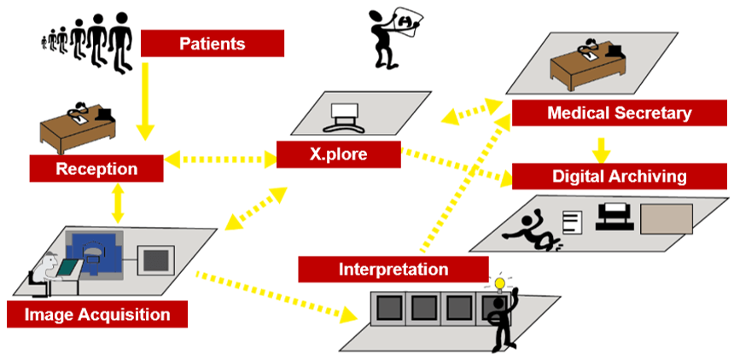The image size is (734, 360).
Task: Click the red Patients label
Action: pos(212,44)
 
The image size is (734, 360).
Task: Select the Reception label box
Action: pos(96,168)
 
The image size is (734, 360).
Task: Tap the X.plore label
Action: pos(338,154)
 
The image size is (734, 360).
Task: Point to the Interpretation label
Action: pos(393,269)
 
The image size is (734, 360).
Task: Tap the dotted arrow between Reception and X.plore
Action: pos(219,159)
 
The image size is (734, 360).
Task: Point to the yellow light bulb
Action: pos(499,283)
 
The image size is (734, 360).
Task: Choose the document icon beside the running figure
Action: pos(572,224)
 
